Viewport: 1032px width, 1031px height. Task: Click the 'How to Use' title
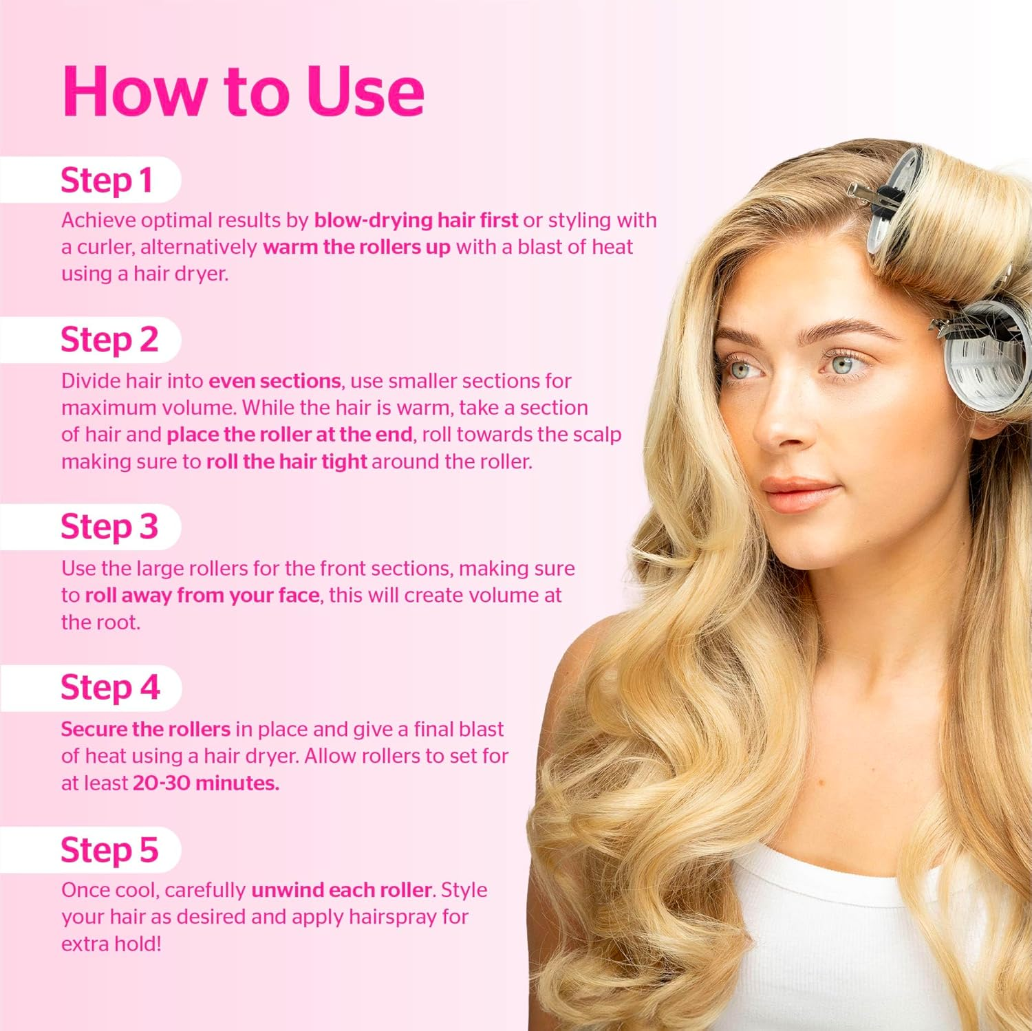[x=243, y=91]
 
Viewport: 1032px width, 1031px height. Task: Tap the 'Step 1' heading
[x=107, y=181]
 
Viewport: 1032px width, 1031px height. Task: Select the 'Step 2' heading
[x=109, y=340]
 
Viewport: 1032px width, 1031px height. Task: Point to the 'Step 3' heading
[x=109, y=527]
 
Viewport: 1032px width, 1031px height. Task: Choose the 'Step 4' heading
[x=110, y=688]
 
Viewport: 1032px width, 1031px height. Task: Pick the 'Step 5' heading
[x=109, y=850]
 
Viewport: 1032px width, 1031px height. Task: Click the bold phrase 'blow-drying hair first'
[x=416, y=220]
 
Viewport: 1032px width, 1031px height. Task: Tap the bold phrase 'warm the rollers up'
[x=356, y=247]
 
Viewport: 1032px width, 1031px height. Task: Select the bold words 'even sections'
[x=275, y=381]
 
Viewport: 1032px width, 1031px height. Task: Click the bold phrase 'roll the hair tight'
[x=286, y=462]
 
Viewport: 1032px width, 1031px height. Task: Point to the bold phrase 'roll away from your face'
[x=203, y=596]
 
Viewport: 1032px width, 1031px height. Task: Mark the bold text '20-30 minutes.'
[x=206, y=783]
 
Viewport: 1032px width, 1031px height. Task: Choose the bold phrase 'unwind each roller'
[x=341, y=890]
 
